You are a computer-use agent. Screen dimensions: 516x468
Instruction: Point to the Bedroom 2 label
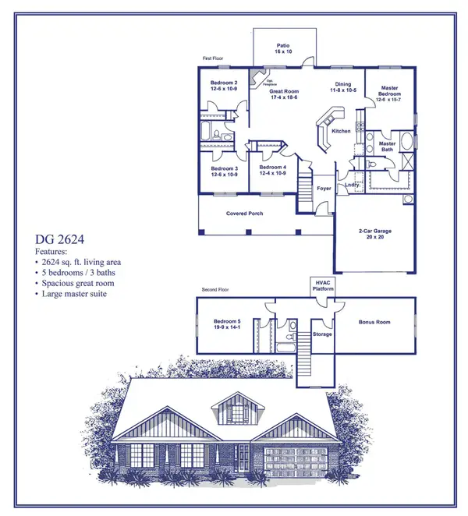coord(223,84)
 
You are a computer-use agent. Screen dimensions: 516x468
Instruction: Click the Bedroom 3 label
coord(224,170)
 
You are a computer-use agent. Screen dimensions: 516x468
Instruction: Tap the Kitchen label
coord(341,131)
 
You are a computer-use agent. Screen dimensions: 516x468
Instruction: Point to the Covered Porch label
coord(243,214)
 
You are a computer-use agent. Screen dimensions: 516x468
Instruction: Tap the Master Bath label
coord(387,146)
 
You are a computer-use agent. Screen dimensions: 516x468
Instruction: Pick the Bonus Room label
coord(374,321)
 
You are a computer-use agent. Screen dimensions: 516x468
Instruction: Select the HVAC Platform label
coord(323,285)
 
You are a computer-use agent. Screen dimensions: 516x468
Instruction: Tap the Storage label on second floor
coord(322,334)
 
